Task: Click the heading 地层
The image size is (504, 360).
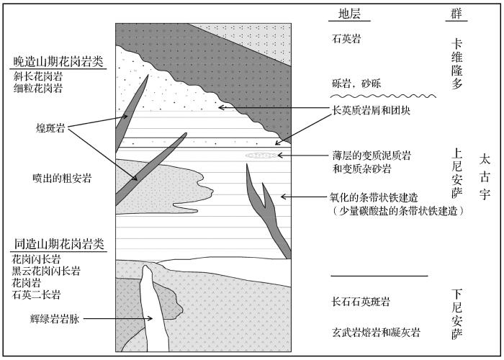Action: click(354, 14)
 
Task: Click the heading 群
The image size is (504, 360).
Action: click(456, 14)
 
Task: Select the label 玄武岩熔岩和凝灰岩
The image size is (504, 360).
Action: click(375, 332)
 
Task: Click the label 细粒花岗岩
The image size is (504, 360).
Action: click(37, 89)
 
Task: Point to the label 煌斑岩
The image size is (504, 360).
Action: click(51, 127)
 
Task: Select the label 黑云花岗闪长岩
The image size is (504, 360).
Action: click(45, 271)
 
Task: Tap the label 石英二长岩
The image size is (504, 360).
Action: click(36, 294)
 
